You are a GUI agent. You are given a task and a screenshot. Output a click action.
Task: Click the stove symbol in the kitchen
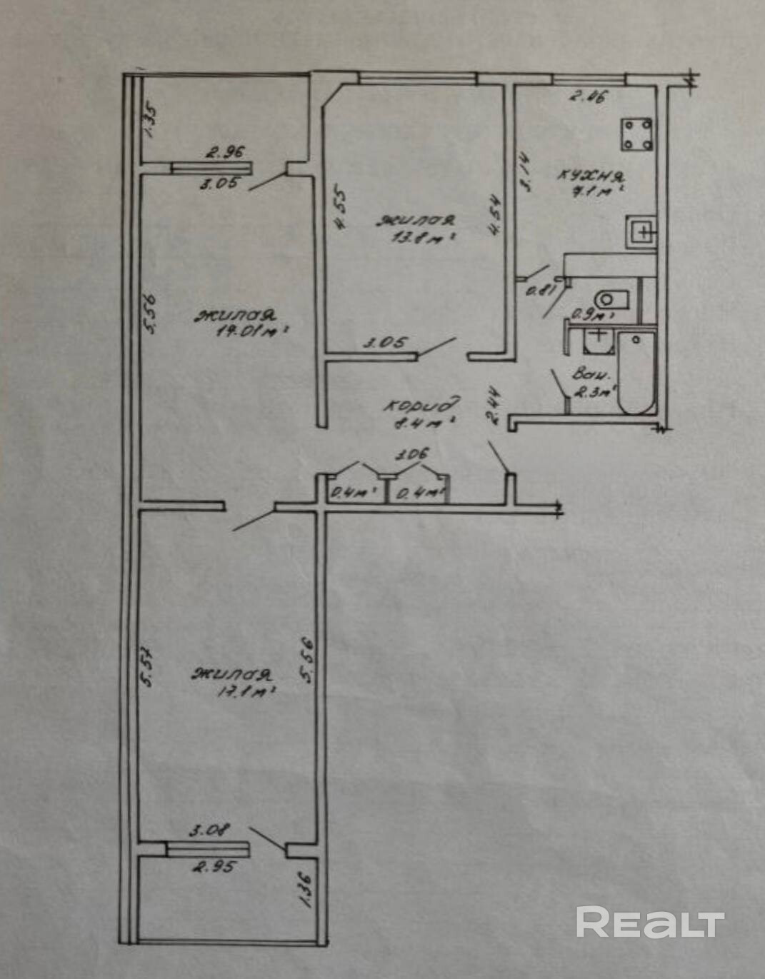[636, 135]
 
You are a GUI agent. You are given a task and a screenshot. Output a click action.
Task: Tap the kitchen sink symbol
[641, 231]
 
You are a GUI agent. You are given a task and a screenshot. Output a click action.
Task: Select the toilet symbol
[611, 298]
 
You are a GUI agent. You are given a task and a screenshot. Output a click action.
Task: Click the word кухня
[591, 176]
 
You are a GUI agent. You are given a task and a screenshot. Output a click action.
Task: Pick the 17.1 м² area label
[244, 691]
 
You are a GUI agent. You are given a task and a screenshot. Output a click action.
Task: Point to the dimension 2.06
[587, 96]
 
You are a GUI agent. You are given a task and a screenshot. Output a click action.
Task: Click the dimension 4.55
[341, 208]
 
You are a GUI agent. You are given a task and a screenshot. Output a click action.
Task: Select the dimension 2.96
[225, 152]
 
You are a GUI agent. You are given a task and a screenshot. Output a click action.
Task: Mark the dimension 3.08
[209, 830]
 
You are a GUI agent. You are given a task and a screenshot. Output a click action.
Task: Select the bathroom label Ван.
[591, 374]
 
